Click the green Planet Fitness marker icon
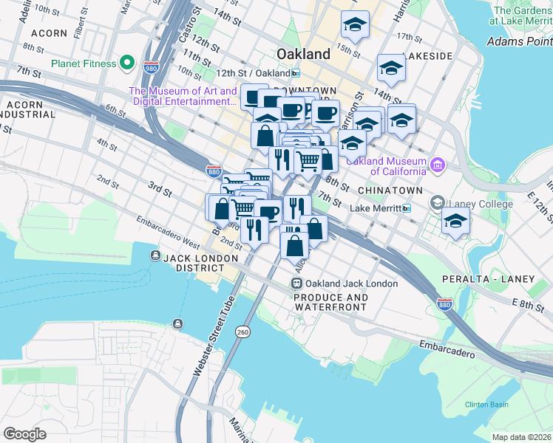(x=127, y=63)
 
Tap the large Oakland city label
(x=303, y=54)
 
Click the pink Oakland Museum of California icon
(x=437, y=162)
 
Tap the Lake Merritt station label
(x=374, y=209)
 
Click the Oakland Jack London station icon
(x=296, y=284)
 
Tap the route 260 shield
(x=242, y=333)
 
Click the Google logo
(x=24, y=433)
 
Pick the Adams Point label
(x=518, y=41)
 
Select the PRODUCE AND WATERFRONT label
(x=330, y=303)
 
